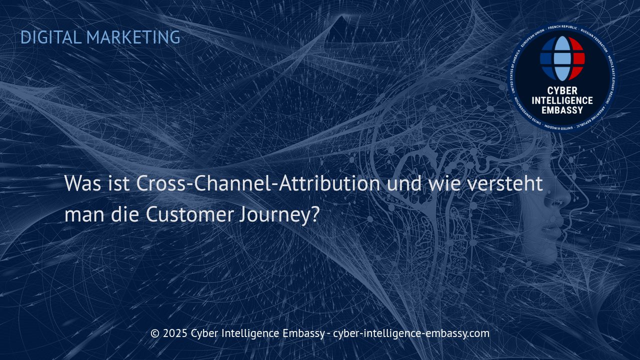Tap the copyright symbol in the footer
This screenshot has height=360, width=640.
coord(155,333)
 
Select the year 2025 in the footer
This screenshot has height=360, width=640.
coord(175,333)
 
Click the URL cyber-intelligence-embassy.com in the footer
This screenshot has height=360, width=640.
coord(411,333)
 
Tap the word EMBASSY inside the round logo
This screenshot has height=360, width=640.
coord(562,110)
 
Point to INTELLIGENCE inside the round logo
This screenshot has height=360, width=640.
coord(562,100)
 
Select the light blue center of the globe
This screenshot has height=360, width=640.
coord(562,58)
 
